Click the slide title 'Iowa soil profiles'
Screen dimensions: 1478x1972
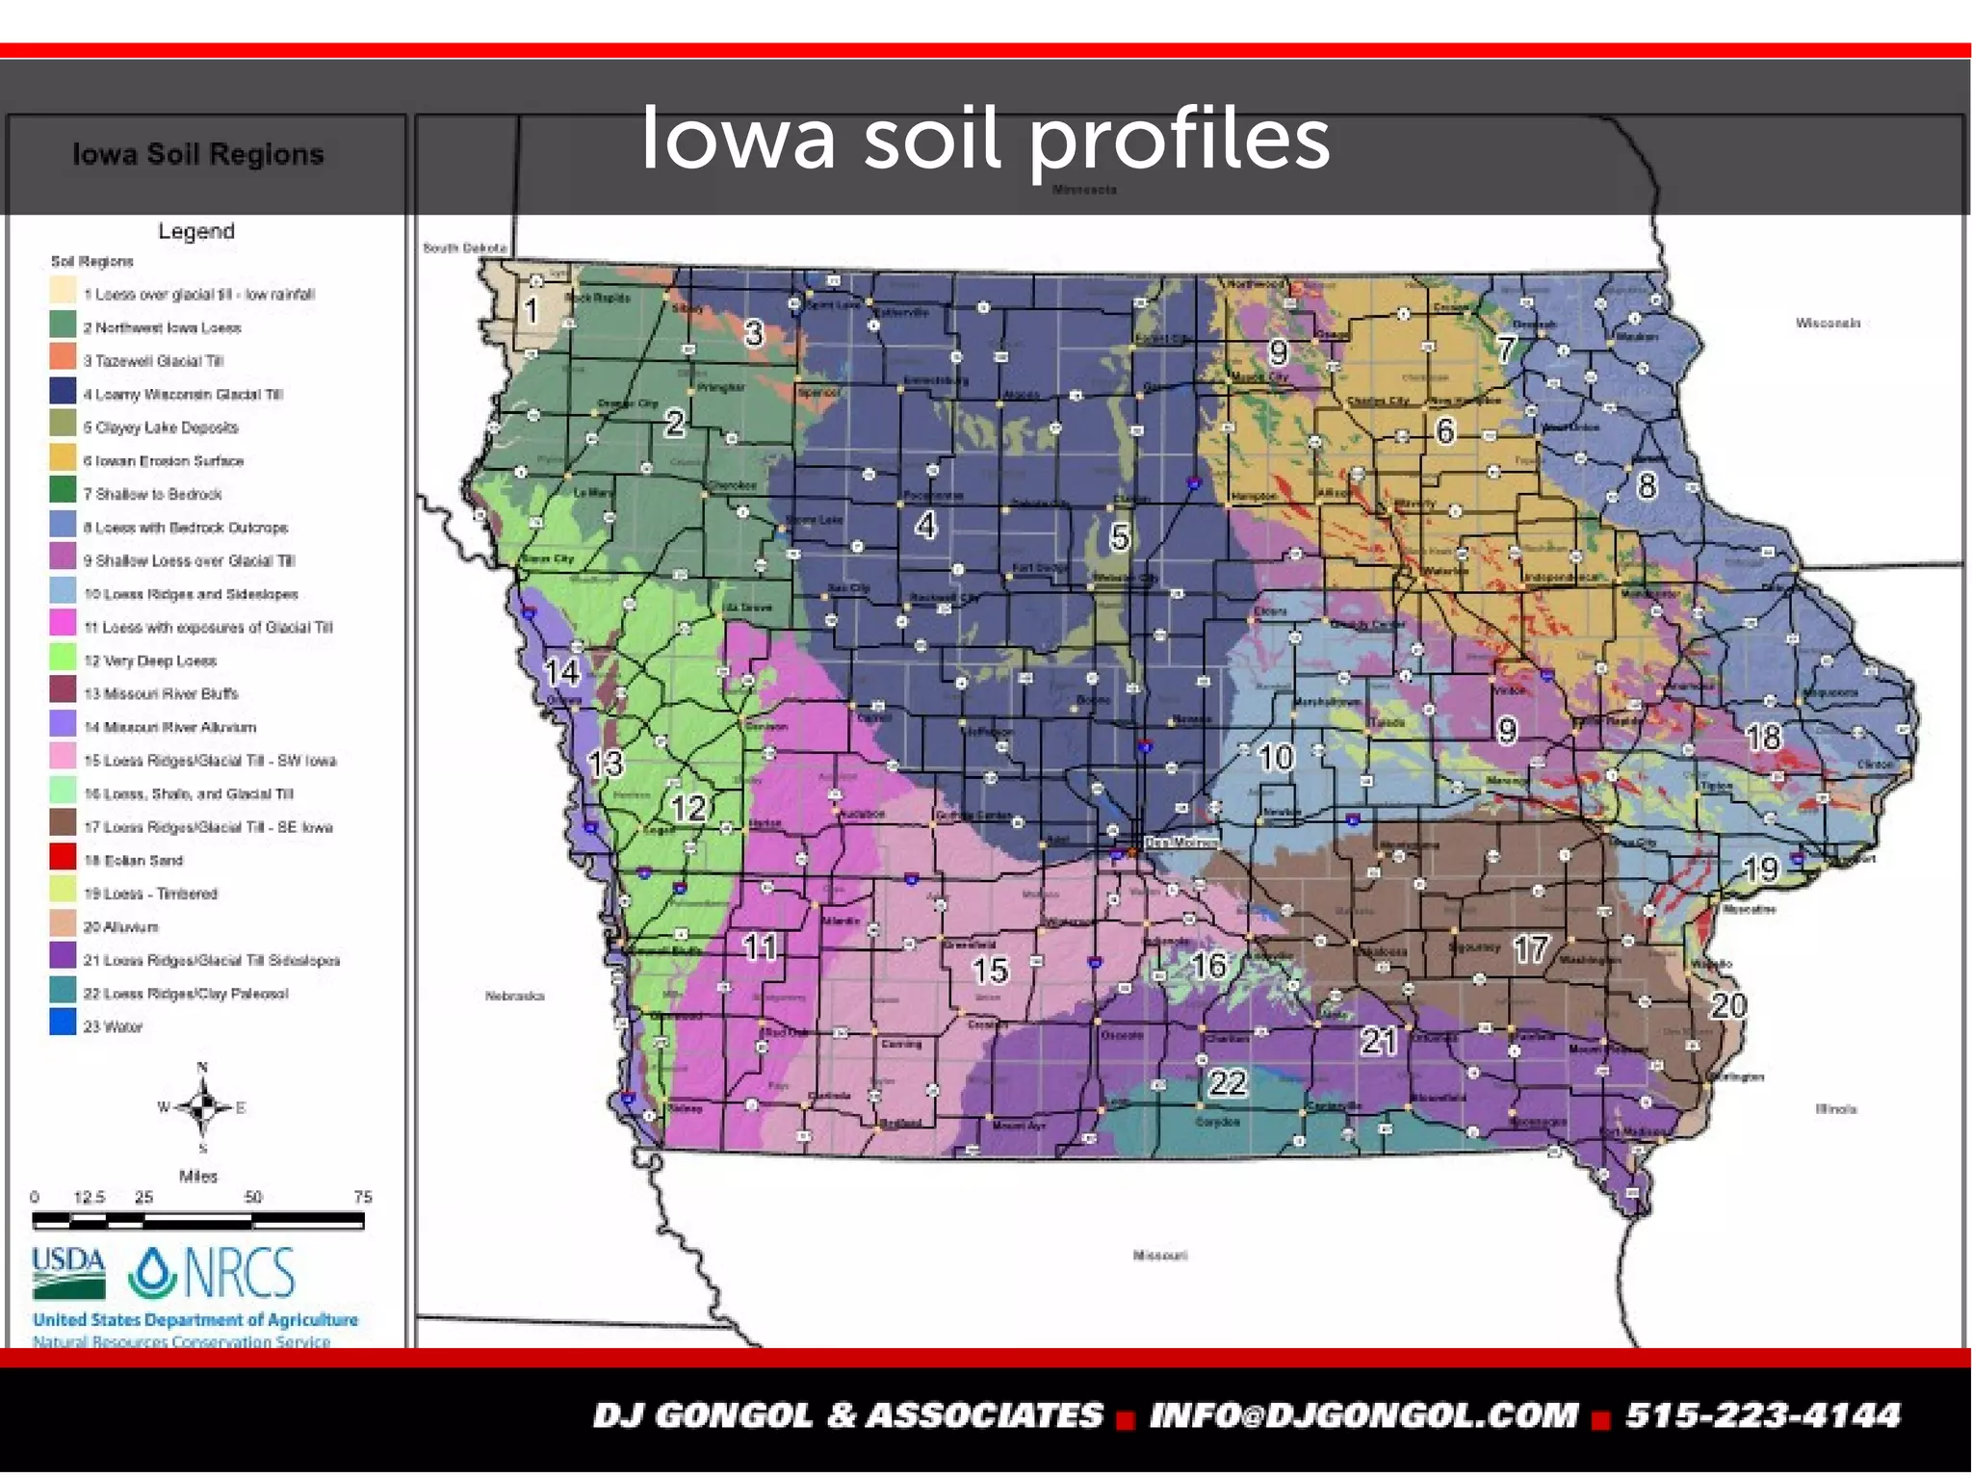pos(985,140)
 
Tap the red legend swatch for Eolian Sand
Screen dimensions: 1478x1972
pos(63,857)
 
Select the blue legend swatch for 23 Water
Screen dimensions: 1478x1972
pos(63,1023)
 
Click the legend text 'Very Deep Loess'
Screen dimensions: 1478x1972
pos(159,661)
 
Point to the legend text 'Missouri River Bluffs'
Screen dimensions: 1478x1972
pos(169,694)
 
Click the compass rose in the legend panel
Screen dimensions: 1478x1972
pos(202,1107)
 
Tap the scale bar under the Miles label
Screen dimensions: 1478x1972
pos(197,1221)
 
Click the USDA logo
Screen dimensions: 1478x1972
pos(68,1273)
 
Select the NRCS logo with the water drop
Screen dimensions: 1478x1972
pos(212,1273)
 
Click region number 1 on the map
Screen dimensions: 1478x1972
pos(531,310)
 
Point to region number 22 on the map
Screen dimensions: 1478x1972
pos(1228,1083)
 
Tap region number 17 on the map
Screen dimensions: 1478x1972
pos(1531,950)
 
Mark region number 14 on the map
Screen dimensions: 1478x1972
pos(562,671)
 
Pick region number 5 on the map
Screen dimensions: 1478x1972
pos(1119,536)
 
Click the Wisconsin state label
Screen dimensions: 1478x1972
pos(1827,324)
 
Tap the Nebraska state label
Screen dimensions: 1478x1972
pos(514,996)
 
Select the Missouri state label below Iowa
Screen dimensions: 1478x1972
pos(1159,1256)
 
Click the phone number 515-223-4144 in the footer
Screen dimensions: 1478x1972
pos(1763,1415)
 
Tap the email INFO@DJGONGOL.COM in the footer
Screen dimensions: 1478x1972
pos(1363,1415)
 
